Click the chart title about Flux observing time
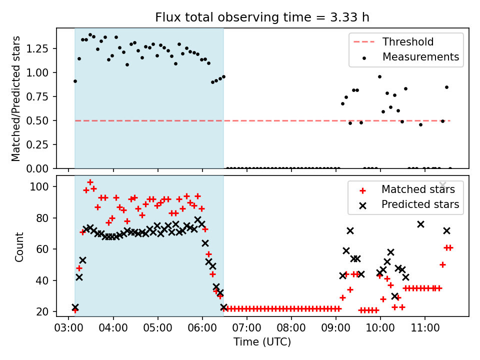point(262,17)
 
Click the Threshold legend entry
point(408,42)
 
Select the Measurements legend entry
point(420,57)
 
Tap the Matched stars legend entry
point(418,189)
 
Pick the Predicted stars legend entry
point(420,204)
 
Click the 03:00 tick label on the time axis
point(69,329)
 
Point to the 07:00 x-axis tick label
point(247,329)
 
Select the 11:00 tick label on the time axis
point(425,329)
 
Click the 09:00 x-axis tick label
point(336,329)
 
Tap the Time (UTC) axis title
point(262,342)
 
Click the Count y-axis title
point(19,246)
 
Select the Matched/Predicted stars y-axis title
point(16,98)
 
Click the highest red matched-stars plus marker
point(90,182)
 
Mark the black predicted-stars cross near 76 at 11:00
point(420,224)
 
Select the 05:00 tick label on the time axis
point(158,329)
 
